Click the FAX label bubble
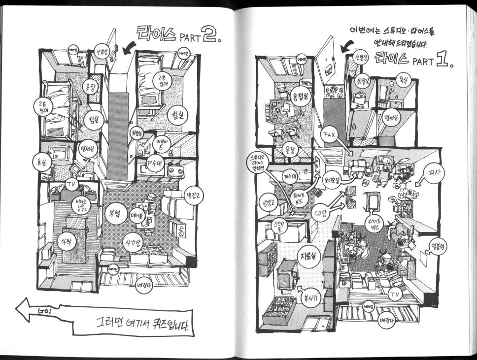click(x=329, y=134)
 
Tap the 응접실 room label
click(x=300, y=96)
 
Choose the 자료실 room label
click(x=309, y=256)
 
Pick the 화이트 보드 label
click(x=301, y=197)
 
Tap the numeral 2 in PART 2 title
click(x=208, y=34)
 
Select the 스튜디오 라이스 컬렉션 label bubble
click(x=259, y=163)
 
